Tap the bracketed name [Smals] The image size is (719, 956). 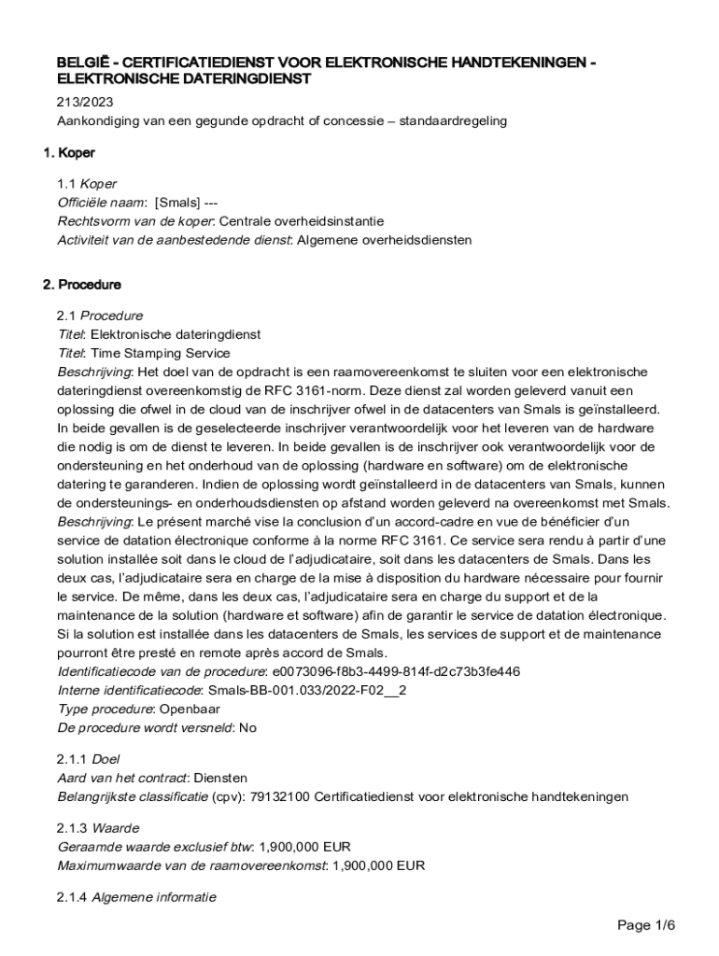(177, 203)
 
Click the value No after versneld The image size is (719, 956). (247, 727)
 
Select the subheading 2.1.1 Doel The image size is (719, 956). (89, 759)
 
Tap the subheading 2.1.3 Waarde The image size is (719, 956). (98, 828)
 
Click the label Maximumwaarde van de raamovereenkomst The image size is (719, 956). (191, 865)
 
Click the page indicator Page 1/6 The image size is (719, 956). (646, 925)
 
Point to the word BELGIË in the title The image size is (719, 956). (81, 63)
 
